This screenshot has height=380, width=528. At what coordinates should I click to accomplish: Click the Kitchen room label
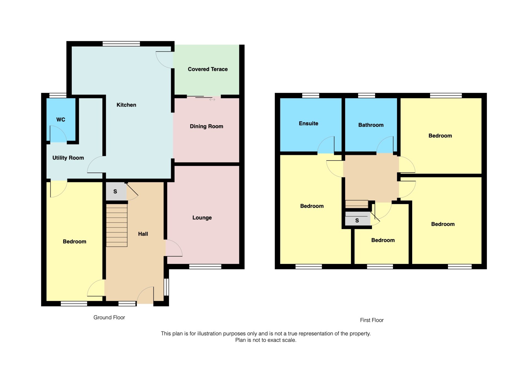tap(126, 105)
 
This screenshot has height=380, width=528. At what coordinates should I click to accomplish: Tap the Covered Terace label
tap(208, 69)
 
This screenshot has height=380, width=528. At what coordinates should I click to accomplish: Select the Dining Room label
tap(206, 126)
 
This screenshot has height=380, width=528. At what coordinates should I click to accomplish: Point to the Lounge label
tap(202, 218)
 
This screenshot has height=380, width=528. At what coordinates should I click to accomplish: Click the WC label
tap(61, 120)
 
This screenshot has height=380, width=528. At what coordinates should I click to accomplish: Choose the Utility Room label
tap(68, 158)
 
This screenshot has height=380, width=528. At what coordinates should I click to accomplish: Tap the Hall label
tap(143, 234)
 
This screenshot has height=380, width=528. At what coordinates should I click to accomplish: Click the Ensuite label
tap(308, 124)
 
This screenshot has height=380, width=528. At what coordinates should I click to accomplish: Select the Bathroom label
tap(371, 125)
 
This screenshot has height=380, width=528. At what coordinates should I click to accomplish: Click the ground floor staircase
tap(117, 225)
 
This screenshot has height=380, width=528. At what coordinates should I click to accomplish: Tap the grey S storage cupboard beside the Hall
tap(116, 191)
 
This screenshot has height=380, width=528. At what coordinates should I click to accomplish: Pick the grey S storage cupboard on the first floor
tap(357, 220)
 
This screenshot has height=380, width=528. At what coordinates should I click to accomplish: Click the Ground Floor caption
tap(109, 317)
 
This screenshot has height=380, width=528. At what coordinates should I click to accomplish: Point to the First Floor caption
tap(372, 320)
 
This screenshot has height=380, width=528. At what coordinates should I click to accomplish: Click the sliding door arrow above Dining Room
tap(212, 100)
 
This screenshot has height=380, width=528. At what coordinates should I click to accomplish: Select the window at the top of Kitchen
tap(121, 44)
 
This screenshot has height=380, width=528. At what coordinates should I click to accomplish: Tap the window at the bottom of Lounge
tap(205, 266)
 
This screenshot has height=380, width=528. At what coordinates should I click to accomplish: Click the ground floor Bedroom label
tap(75, 242)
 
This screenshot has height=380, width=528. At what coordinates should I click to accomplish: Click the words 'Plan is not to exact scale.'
tap(266, 340)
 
